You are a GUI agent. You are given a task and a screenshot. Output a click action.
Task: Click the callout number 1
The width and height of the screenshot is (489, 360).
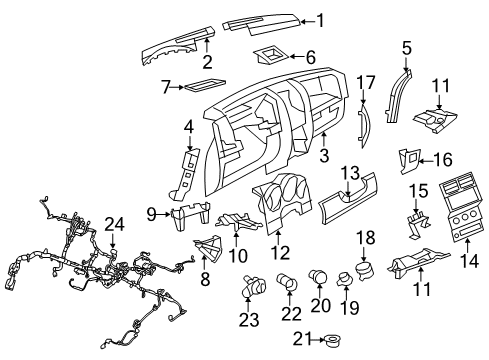(319, 18)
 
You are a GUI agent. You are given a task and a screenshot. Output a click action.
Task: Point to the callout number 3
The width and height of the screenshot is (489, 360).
(322, 156)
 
